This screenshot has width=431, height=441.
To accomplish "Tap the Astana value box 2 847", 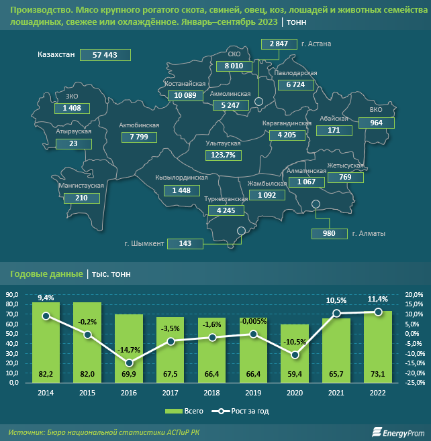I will point(279,44).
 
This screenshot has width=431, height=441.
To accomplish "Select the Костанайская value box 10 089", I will point(185,95).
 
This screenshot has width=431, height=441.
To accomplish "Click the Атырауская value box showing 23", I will point(73,143).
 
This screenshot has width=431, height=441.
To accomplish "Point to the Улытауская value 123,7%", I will point(222,155).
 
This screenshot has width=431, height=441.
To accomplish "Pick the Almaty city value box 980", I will point(328,233).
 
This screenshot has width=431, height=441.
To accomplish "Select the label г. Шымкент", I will point(144,243).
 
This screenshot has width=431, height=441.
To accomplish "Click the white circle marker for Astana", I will point(258,103).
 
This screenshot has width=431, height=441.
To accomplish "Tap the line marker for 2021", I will point(336,314).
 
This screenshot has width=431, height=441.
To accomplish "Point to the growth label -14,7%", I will point(129,350).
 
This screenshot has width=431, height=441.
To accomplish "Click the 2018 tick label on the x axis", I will point(212,393).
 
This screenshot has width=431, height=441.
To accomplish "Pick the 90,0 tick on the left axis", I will point(12,294).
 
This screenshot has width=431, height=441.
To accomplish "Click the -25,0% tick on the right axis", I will point(414,383).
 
